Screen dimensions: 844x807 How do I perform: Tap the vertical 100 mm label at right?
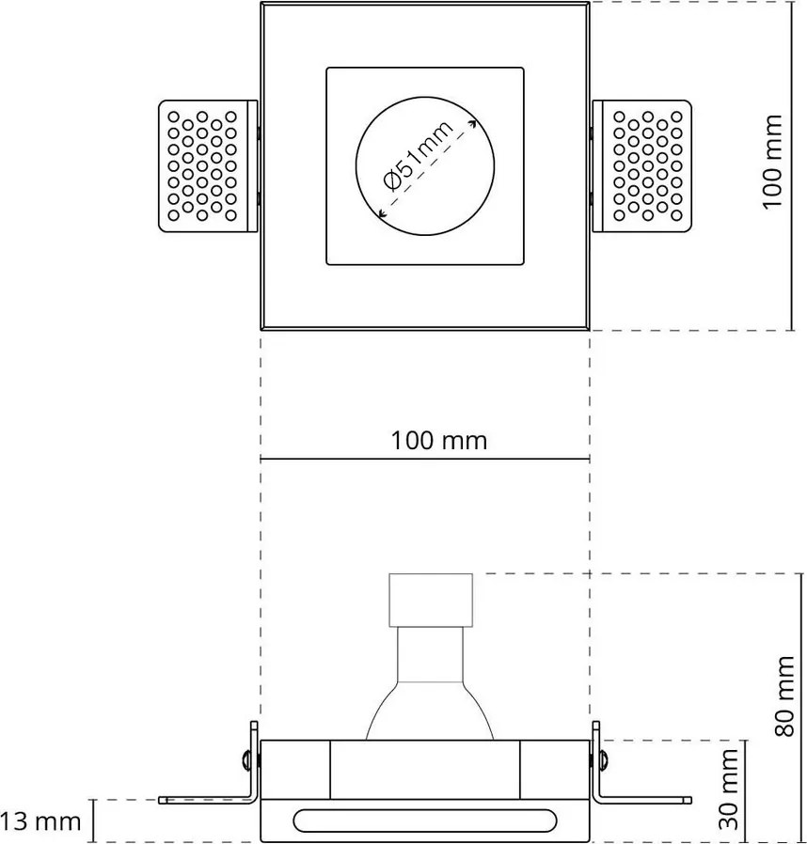(x=772, y=162)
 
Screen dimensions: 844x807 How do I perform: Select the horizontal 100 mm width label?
(x=439, y=440)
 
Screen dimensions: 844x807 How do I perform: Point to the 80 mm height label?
(x=788, y=695)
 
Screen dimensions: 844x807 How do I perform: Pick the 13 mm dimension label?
(x=41, y=821)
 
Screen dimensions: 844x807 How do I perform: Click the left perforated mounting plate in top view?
(x=206, y=164)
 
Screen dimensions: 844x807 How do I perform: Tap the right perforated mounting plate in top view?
(x=645, y=164)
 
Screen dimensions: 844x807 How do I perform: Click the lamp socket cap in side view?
(x=430, y=600)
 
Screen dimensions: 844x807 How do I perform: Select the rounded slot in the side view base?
(x=425, y=820)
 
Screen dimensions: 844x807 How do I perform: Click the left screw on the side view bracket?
(x=245, y=758)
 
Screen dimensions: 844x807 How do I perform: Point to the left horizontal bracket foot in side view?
(x=202, y=800)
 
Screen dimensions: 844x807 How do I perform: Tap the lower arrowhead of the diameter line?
(x=380, y=215)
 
